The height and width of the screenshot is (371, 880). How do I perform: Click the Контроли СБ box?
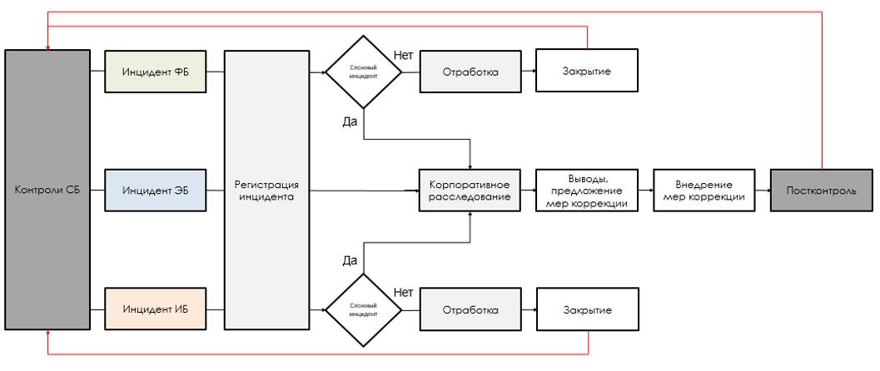(47, 190)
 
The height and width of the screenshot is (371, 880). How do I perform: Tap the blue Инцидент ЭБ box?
(155, 190)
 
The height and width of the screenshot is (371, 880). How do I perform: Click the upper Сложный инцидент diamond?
(363, 72)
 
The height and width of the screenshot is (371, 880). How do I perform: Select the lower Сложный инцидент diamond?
(363, 310)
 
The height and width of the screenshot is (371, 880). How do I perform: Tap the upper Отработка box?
(470, 72)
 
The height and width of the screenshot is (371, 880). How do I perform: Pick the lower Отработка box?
(470, 310)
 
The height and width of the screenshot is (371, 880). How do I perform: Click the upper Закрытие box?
(587, 72)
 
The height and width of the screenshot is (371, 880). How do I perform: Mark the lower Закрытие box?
(587, 310)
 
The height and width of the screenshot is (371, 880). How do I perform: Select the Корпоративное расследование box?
(470, 190)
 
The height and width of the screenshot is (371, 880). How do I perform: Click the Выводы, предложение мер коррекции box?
(587, 190)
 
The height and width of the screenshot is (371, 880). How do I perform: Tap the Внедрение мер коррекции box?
(704, 190)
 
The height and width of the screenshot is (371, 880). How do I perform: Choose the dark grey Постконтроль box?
(822, 190)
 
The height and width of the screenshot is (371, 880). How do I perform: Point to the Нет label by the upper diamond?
(404, 56)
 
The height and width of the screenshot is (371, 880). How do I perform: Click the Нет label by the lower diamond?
(404, 293)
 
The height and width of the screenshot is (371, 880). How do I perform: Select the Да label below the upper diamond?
(350, 122)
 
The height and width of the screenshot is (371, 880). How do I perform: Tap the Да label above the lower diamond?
(350, 260)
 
